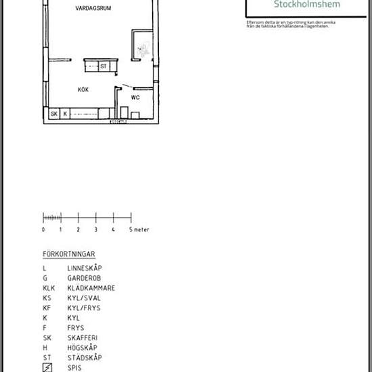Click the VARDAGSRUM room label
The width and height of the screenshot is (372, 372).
93,9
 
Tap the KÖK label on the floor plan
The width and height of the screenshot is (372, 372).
84,89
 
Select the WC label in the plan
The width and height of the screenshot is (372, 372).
135,97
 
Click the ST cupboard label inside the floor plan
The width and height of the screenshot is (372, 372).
103,66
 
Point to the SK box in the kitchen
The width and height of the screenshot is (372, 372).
54,114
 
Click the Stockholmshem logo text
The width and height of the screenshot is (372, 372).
307,4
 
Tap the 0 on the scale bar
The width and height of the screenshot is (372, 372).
43,230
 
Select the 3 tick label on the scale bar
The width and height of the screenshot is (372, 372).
95,230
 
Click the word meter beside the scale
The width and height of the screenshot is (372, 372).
141,230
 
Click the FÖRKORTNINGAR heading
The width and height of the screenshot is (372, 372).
68,255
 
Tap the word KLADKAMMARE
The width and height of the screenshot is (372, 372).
91,288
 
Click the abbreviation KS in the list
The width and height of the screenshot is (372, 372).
46,298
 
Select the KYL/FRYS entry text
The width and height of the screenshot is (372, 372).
83,308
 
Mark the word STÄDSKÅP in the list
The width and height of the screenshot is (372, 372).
84,357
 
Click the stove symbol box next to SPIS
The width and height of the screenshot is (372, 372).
47,367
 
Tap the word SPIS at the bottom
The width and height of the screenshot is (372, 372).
74,367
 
